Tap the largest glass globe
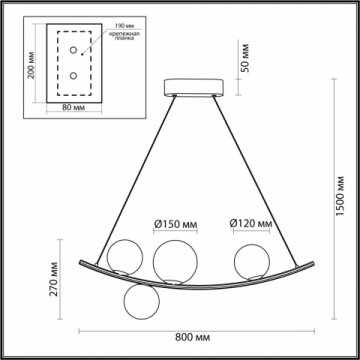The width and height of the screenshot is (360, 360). (174, 260)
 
